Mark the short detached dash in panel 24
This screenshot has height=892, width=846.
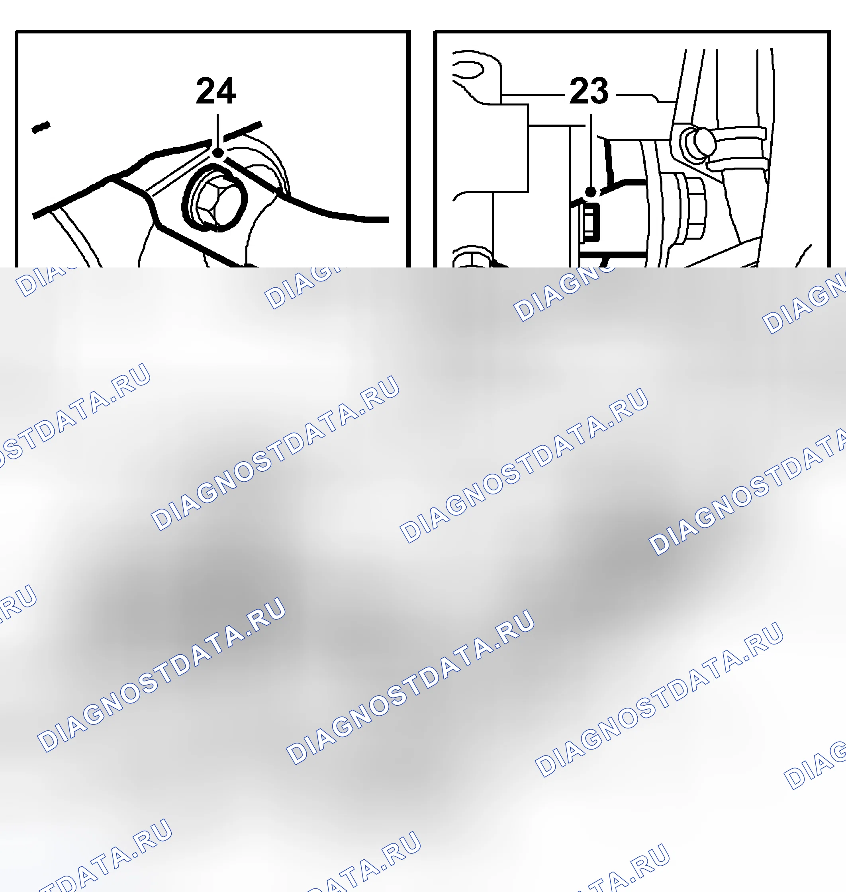click(x=41, y=127)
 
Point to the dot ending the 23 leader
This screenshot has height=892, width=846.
click(x=591, y=191)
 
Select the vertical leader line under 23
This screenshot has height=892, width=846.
click(x=591, y=150)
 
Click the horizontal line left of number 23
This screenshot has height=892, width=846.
click(x=533, y=95)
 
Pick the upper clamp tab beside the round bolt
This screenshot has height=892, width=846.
click(x=739, y=133)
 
